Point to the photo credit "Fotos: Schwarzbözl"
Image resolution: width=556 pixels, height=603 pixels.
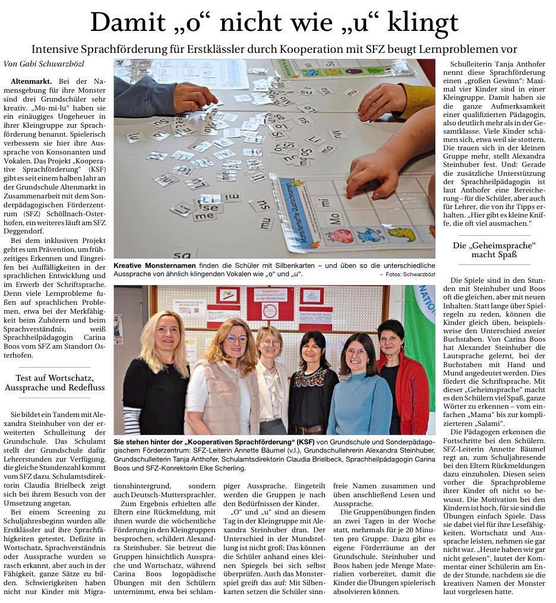point(410,274)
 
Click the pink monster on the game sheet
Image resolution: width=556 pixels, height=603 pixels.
point(340,236)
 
